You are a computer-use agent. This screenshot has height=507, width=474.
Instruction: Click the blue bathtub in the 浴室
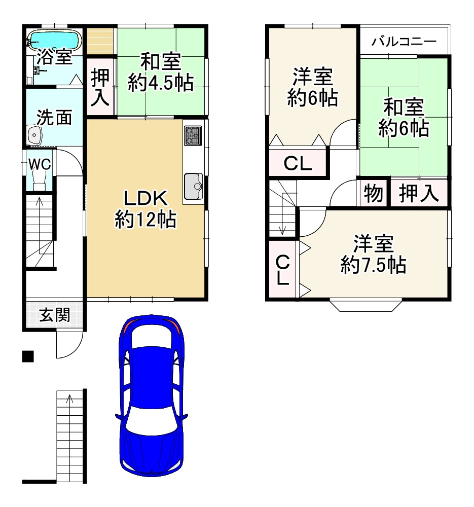point(53,39)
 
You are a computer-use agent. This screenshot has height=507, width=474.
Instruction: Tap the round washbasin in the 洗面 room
point(34,135)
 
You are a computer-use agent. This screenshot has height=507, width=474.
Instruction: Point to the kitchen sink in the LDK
point(193,186)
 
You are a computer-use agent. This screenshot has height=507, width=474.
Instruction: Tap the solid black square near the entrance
point(28,356)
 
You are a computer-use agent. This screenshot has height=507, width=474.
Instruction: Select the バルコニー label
point(404,42)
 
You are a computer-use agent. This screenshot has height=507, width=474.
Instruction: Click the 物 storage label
point(374,193)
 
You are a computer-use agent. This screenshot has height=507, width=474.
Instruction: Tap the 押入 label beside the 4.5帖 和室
point(100,88)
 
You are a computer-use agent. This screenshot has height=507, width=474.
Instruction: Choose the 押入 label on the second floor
point(419,193)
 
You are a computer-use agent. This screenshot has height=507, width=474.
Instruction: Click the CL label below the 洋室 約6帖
point(298,163)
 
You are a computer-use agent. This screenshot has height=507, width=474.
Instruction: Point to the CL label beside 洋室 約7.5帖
point(283,270)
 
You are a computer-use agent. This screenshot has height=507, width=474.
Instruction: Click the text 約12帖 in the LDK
point(145,220)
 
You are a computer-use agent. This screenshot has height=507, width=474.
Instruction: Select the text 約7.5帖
point(374,264)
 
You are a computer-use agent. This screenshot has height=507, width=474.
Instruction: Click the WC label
point(39,163)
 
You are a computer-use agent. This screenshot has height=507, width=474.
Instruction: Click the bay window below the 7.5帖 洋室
point(367,306)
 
